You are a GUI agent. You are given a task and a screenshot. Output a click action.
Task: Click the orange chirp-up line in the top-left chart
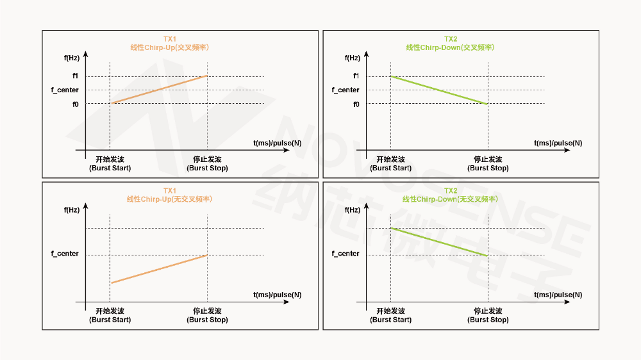159,90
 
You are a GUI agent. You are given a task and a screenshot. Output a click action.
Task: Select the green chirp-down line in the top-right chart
439,90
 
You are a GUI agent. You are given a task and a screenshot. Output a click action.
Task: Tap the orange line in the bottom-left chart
159,269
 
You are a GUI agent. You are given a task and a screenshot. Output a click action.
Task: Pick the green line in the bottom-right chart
439,241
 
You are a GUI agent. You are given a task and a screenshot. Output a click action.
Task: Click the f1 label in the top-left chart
75,76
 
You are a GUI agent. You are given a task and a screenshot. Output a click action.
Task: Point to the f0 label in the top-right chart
356,104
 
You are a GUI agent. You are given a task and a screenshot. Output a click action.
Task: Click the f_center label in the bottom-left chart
65,254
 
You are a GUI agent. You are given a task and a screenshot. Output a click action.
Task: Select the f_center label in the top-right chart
345,90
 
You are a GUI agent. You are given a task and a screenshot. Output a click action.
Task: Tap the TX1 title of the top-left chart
170,39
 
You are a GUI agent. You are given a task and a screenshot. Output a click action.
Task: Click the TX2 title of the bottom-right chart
451,191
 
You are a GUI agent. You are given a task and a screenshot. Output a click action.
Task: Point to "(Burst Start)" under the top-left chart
110,168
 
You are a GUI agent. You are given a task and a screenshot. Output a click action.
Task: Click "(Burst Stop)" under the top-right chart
488,168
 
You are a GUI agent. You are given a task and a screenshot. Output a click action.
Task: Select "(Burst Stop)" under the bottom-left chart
207,320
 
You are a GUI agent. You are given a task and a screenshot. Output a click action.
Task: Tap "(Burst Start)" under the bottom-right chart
391,320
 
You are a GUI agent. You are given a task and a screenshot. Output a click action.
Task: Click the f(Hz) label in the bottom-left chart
72,209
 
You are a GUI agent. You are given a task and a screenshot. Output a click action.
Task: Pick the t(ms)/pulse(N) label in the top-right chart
558,143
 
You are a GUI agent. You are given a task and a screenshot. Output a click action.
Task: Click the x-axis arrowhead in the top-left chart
286,151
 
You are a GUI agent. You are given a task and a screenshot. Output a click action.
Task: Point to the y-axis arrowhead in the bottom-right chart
366,207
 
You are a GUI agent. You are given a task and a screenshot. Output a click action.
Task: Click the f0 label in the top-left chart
75,104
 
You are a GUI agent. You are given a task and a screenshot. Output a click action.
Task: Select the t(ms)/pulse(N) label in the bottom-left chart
278,295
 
